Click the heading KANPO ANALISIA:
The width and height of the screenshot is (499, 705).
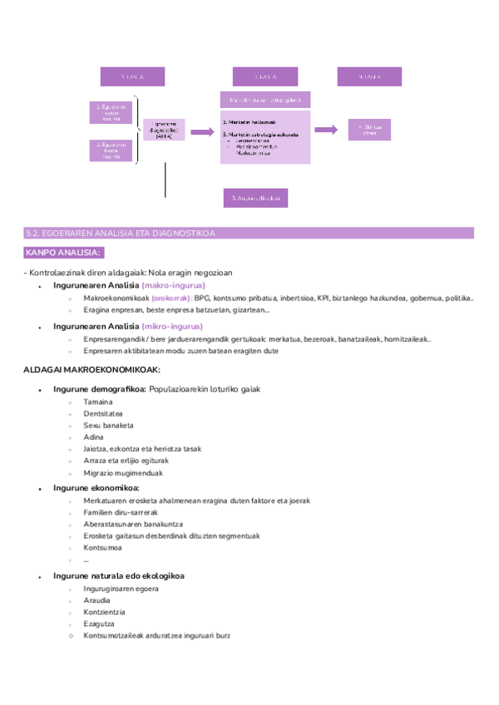tap(63, 252)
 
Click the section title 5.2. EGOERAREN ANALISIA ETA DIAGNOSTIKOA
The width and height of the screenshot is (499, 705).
tap(121, 234)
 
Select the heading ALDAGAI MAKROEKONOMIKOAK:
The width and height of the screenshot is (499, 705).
tap(91, 369)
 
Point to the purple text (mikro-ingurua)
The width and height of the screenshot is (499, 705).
tap(171, 327)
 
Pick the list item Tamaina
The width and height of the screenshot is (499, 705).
tap(98, 402)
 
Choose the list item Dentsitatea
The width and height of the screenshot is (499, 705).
tap(103, 413)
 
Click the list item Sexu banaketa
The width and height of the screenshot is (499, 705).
tap(108, 425)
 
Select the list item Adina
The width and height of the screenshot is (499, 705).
tap(93, 437)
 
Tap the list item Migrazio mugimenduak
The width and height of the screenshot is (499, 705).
tap(123, 473)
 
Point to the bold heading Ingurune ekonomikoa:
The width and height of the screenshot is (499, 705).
tap(96, 488)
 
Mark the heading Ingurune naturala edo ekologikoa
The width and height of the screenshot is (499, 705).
tap(118, 575)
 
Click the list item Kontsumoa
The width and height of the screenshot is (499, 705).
tap(102, 548)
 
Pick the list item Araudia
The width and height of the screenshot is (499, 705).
tap(97, 600)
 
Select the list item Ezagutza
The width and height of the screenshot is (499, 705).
tap(99, 624)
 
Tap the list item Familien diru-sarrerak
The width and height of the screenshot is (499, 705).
tap(121, 512)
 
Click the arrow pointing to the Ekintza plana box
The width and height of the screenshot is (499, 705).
tap(325, 130)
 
